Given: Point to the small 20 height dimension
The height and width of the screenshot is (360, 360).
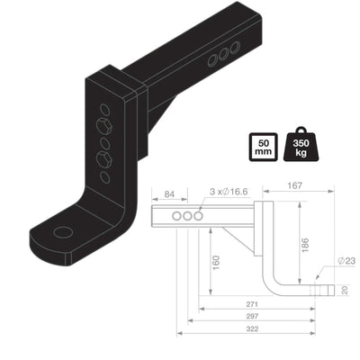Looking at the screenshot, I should click(346, 290).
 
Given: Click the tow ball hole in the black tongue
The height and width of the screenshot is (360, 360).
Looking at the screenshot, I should click(62, 232).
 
